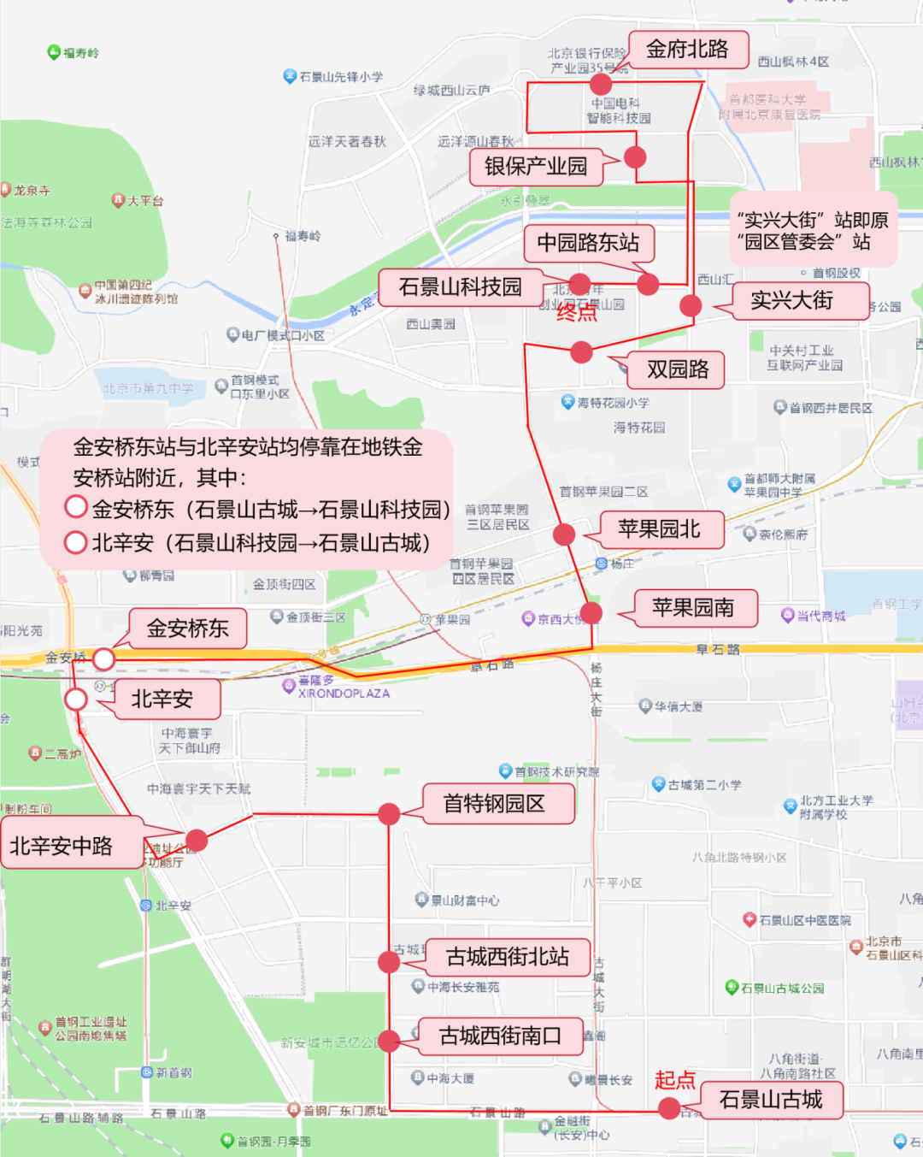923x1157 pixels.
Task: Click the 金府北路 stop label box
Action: click(688, 50)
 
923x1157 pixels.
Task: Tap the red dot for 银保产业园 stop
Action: click(635, 157)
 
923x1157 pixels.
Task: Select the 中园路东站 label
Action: click(588, 243)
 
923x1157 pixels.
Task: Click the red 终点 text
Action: click(577, 312)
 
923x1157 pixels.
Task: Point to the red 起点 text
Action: click(674, 1080)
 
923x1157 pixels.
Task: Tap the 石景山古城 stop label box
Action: click(771, 1100)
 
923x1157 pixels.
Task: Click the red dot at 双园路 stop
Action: click(581, 351)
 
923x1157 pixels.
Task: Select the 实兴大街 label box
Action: click(791, 301)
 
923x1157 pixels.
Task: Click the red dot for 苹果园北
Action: click(564, 534)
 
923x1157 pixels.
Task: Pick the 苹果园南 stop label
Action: click(693, 608)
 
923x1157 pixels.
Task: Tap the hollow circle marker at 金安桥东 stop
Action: click(103, 658)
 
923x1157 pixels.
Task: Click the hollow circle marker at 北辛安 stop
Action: click(76, 700)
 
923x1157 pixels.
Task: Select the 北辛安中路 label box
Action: click(62, 846)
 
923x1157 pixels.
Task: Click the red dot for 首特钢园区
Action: click(389, 813)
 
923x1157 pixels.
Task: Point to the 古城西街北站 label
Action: click(508, 957)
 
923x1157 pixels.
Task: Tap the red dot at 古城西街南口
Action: click(389, 1041)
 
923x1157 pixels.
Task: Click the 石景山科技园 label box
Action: click(460, 287)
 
